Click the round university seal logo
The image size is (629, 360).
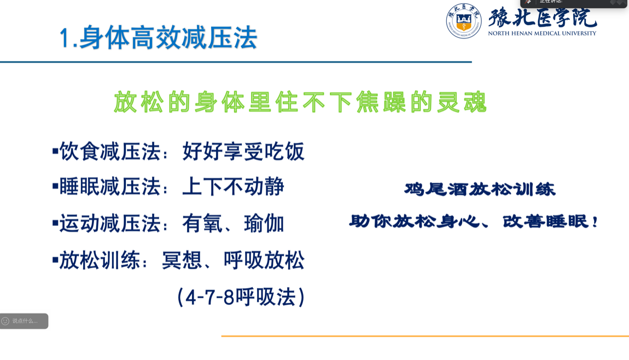(463, 21)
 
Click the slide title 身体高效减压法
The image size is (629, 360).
(168, 38)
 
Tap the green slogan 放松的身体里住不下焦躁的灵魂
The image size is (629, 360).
(300, 102)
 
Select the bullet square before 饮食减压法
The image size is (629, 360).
(55, 152)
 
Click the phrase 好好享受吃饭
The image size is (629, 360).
(243, 152)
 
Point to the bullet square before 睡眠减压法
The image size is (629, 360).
(55, 187)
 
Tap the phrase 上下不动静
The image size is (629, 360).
(233, 187)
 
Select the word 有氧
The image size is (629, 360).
(202, 224)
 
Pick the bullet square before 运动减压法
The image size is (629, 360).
(55, 223)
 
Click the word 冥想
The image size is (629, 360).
(182, 260)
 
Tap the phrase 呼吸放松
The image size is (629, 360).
(264, 260)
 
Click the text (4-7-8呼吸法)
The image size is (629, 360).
(241, 298)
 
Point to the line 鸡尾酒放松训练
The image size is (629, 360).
(480, 189)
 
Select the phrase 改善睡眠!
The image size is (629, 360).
(550, 221)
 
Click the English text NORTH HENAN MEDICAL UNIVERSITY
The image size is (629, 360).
(542, 33)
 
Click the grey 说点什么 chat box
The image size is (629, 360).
(24, 321)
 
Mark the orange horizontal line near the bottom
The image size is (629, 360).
(425, 336)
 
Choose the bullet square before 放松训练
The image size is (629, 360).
(55, 260)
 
